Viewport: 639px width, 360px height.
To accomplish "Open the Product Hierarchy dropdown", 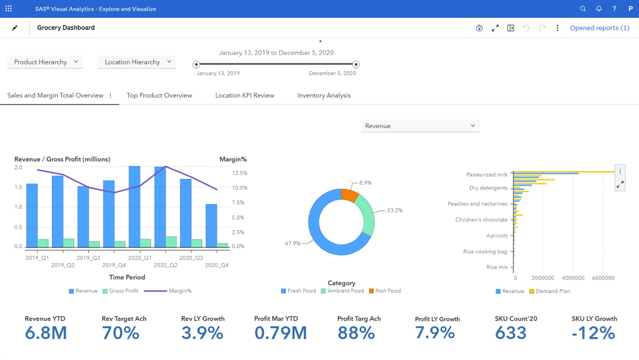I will [x=45, y=62].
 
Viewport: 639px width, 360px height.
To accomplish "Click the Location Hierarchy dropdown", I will [x=137, y=62].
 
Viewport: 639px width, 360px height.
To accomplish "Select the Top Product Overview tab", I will [x=159, y=95].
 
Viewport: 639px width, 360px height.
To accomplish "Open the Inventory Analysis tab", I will [x=324, y=95].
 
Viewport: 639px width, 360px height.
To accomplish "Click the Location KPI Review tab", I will [x=245, y=95].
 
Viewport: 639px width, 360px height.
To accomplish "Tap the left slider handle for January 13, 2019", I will [x=196, y=64].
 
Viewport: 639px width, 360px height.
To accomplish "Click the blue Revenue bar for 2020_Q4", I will [x=211, y=225].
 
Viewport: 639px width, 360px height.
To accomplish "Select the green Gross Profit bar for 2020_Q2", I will [x=171, y=242].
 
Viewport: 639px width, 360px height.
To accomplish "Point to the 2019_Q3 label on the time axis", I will [x=88, y=258].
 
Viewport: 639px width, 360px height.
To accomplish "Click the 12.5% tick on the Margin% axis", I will [x=240, y=173].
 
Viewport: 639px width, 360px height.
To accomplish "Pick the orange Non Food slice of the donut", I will [x=349, y=195].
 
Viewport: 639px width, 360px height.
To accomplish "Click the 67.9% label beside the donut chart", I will [x=293, y=243].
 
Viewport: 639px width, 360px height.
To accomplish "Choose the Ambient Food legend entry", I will [x=343, y=291].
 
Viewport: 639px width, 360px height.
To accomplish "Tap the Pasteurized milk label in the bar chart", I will [x=487, y=174].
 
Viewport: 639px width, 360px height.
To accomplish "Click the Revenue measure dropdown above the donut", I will [x=420, y=126].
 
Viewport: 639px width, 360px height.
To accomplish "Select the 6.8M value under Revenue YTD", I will [x=46, y=333].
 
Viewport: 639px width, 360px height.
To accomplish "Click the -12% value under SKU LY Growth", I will [x=593, y=333].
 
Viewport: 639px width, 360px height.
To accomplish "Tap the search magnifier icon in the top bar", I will [x=583, y=9].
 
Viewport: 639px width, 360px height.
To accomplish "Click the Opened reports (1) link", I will [x=599, y=28].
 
